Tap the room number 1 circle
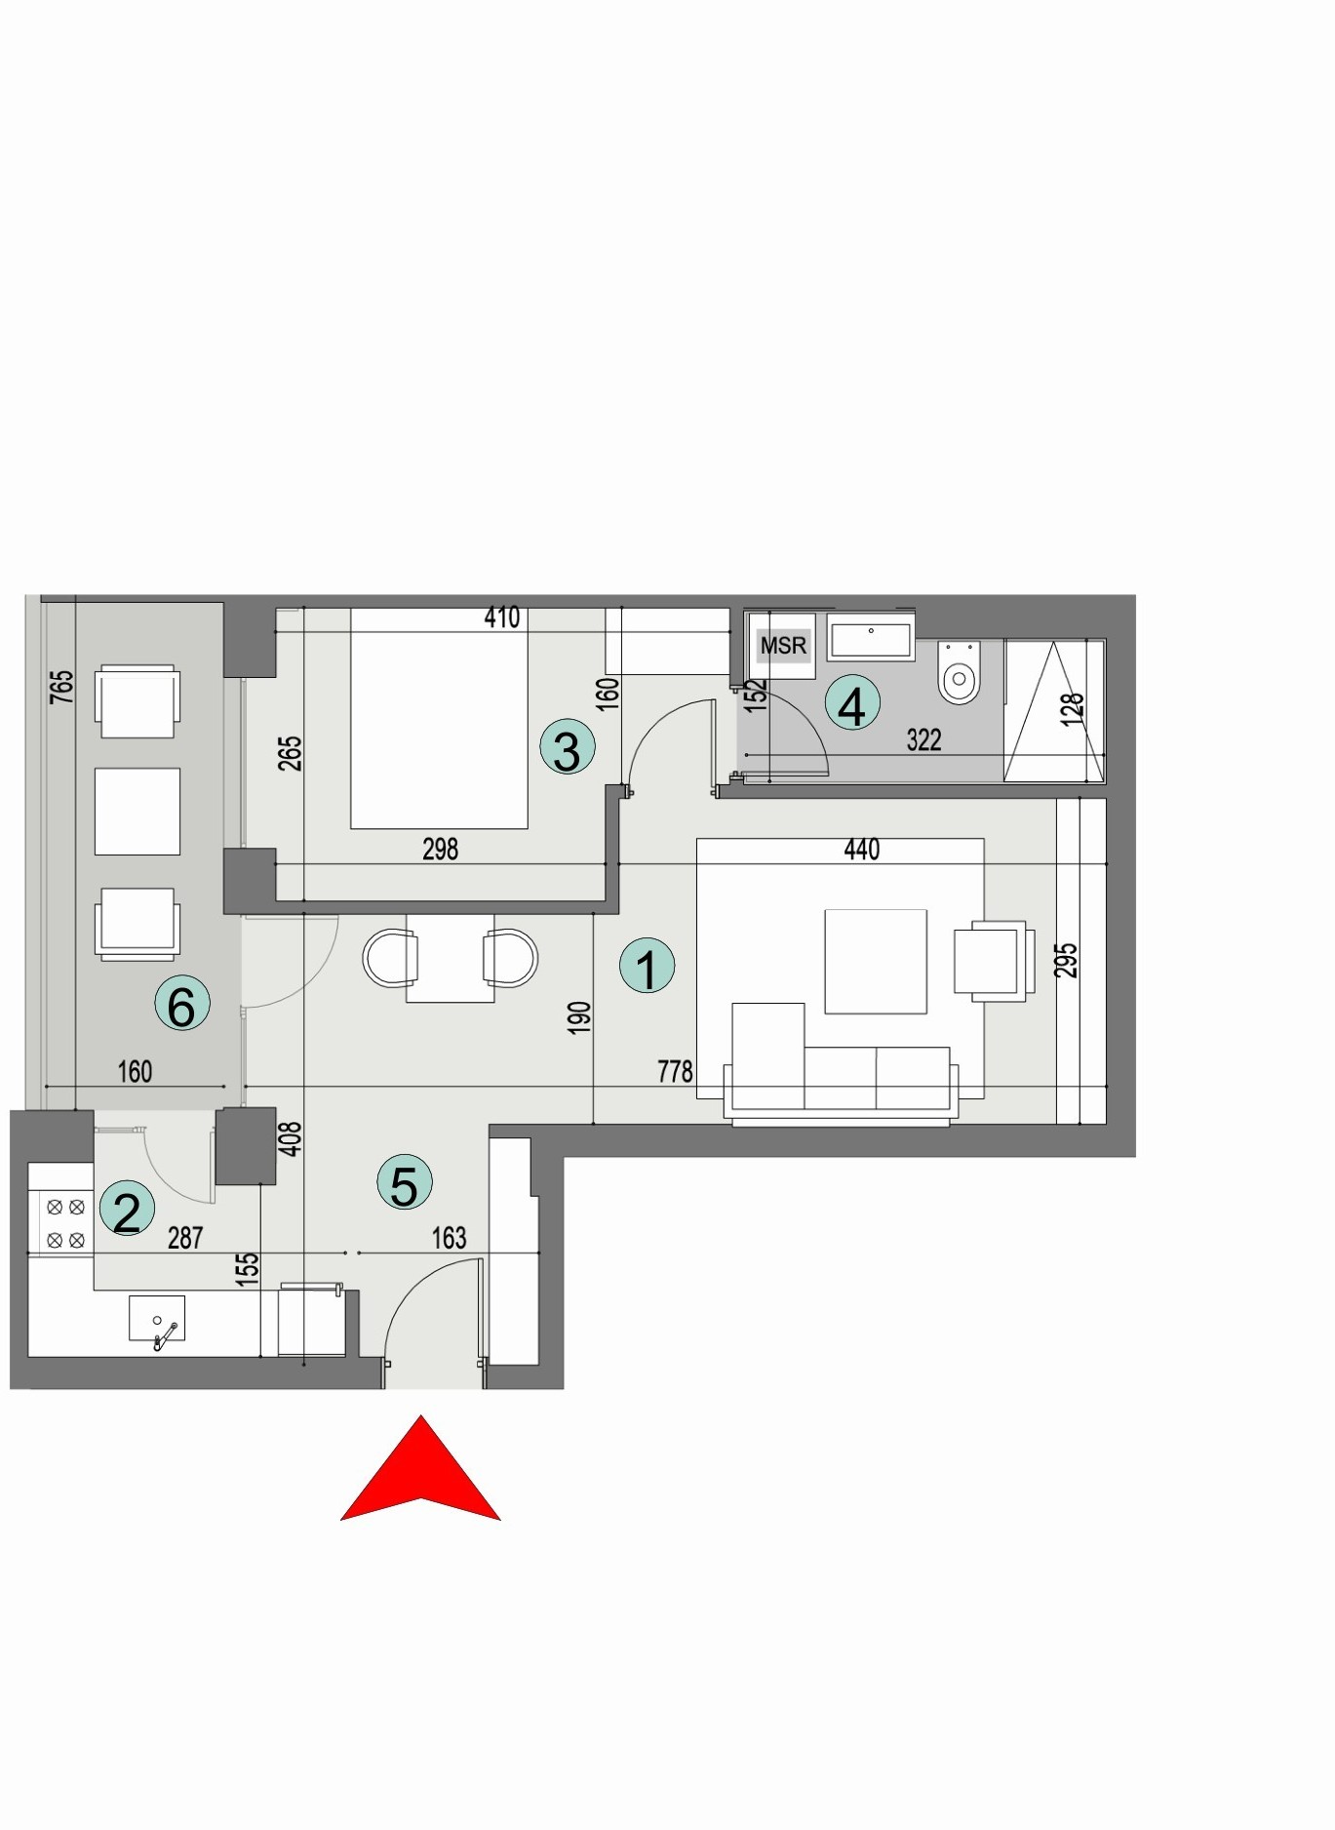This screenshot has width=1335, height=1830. click(x=647, y=966)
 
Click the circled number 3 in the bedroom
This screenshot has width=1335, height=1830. click(x=567, y=747)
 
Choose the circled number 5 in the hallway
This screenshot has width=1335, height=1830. click(x=404, y=1182)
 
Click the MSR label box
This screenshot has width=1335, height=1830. click(x=783, y=645)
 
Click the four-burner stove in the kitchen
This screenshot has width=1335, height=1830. click(x=65, y=1223)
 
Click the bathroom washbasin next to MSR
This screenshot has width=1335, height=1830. click(x=871, y=640)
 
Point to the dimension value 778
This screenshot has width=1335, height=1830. click(x=675, y=1071)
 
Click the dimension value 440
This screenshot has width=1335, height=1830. click(x=861, y=850)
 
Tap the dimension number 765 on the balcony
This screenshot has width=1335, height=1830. click(x=61, y=686)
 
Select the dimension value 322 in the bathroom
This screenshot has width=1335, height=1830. click(x=923, y=740)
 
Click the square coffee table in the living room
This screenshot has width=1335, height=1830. click(x=875, y=961)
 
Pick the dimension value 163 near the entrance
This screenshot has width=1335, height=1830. click(x=449, y=1238)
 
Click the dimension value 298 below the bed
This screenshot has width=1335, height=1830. click(x=440, y=849)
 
